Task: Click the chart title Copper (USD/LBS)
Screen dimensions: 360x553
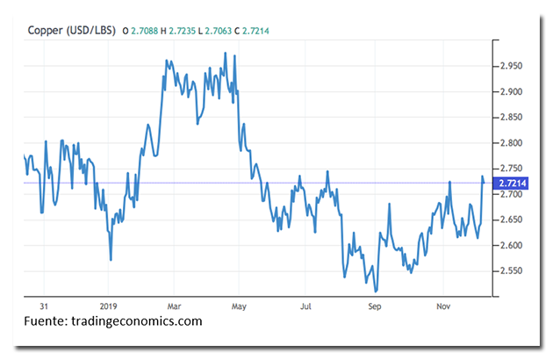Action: point(70,31)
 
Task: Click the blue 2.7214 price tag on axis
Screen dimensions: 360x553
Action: point(513,183)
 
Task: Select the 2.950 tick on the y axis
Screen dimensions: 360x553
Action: point(511,66)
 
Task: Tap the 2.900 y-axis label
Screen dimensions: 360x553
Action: point(511,91)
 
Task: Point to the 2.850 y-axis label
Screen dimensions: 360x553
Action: point(511,117)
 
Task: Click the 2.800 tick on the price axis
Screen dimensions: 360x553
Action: point(511,142)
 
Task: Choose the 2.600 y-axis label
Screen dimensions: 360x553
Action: point(511,245)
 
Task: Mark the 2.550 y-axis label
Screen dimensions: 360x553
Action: point(511,270)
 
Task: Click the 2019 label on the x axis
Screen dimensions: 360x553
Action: point(107,307)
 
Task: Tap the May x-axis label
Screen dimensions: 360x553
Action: point(237,307)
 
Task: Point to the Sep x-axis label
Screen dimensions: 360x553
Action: point(375,307)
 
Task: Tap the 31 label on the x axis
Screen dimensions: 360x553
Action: point(44,307)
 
